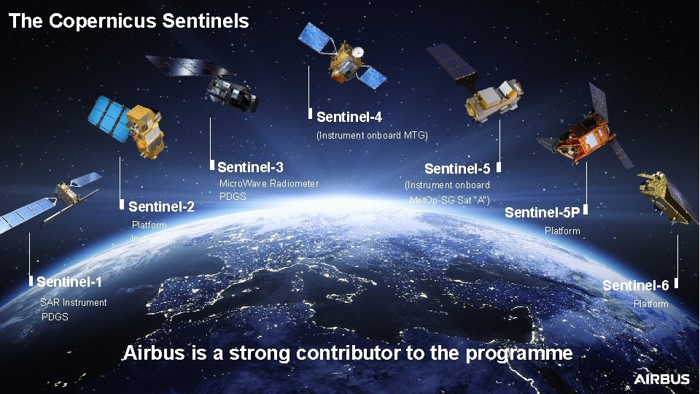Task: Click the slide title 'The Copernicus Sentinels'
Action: point(129,21)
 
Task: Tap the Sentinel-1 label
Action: point(69,282)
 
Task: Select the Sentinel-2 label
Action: point(161,207)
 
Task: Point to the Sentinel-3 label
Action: point(250,168)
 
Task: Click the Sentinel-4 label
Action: point(349,117)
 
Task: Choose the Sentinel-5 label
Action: point(456,169)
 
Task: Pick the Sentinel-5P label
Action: point(542,213)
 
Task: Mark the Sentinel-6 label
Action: point(635,285)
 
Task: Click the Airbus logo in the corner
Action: point(661,379)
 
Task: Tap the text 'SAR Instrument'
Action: point(74,303)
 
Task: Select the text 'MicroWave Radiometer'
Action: point(269,183)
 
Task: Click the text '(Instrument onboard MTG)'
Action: point(372,136)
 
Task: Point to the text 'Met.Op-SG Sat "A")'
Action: point(449,201)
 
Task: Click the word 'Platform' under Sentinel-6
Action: point(650,304)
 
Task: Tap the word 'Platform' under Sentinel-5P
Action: point(562,231)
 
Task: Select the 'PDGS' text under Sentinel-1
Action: point(55,317)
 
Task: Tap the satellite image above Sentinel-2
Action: point(128,124)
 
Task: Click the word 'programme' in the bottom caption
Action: point(519,354)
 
